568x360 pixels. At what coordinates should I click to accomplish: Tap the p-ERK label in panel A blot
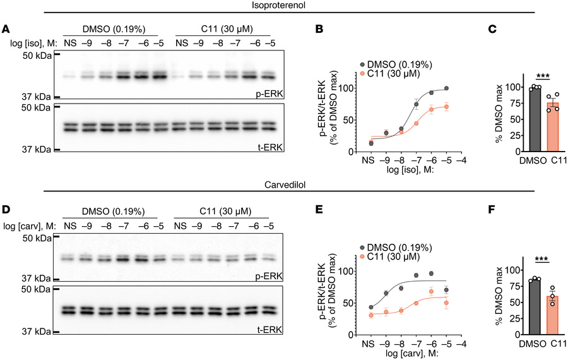(266, 93)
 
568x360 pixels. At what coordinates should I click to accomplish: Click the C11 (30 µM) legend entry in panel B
(388, 74)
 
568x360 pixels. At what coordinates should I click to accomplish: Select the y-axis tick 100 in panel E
(350, 270)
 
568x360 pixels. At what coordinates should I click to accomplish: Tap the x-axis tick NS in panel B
(370, 161)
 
